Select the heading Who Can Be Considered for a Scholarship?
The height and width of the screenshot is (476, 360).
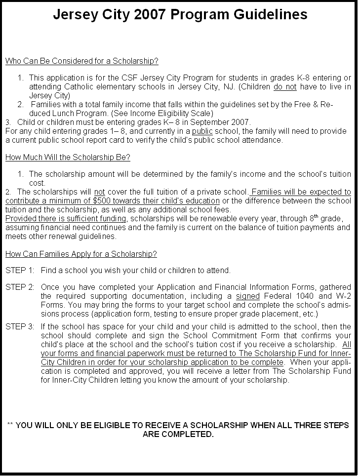[82, 61]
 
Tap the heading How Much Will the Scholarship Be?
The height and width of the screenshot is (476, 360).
[68, 158]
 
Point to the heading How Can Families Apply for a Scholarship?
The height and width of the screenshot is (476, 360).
[81, 254]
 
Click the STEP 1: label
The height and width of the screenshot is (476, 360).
[20, 271]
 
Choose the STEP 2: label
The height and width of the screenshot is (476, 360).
[20, 287]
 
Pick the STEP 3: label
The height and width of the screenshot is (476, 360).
[20, 327]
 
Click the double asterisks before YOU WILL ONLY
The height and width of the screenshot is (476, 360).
[10, 425]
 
